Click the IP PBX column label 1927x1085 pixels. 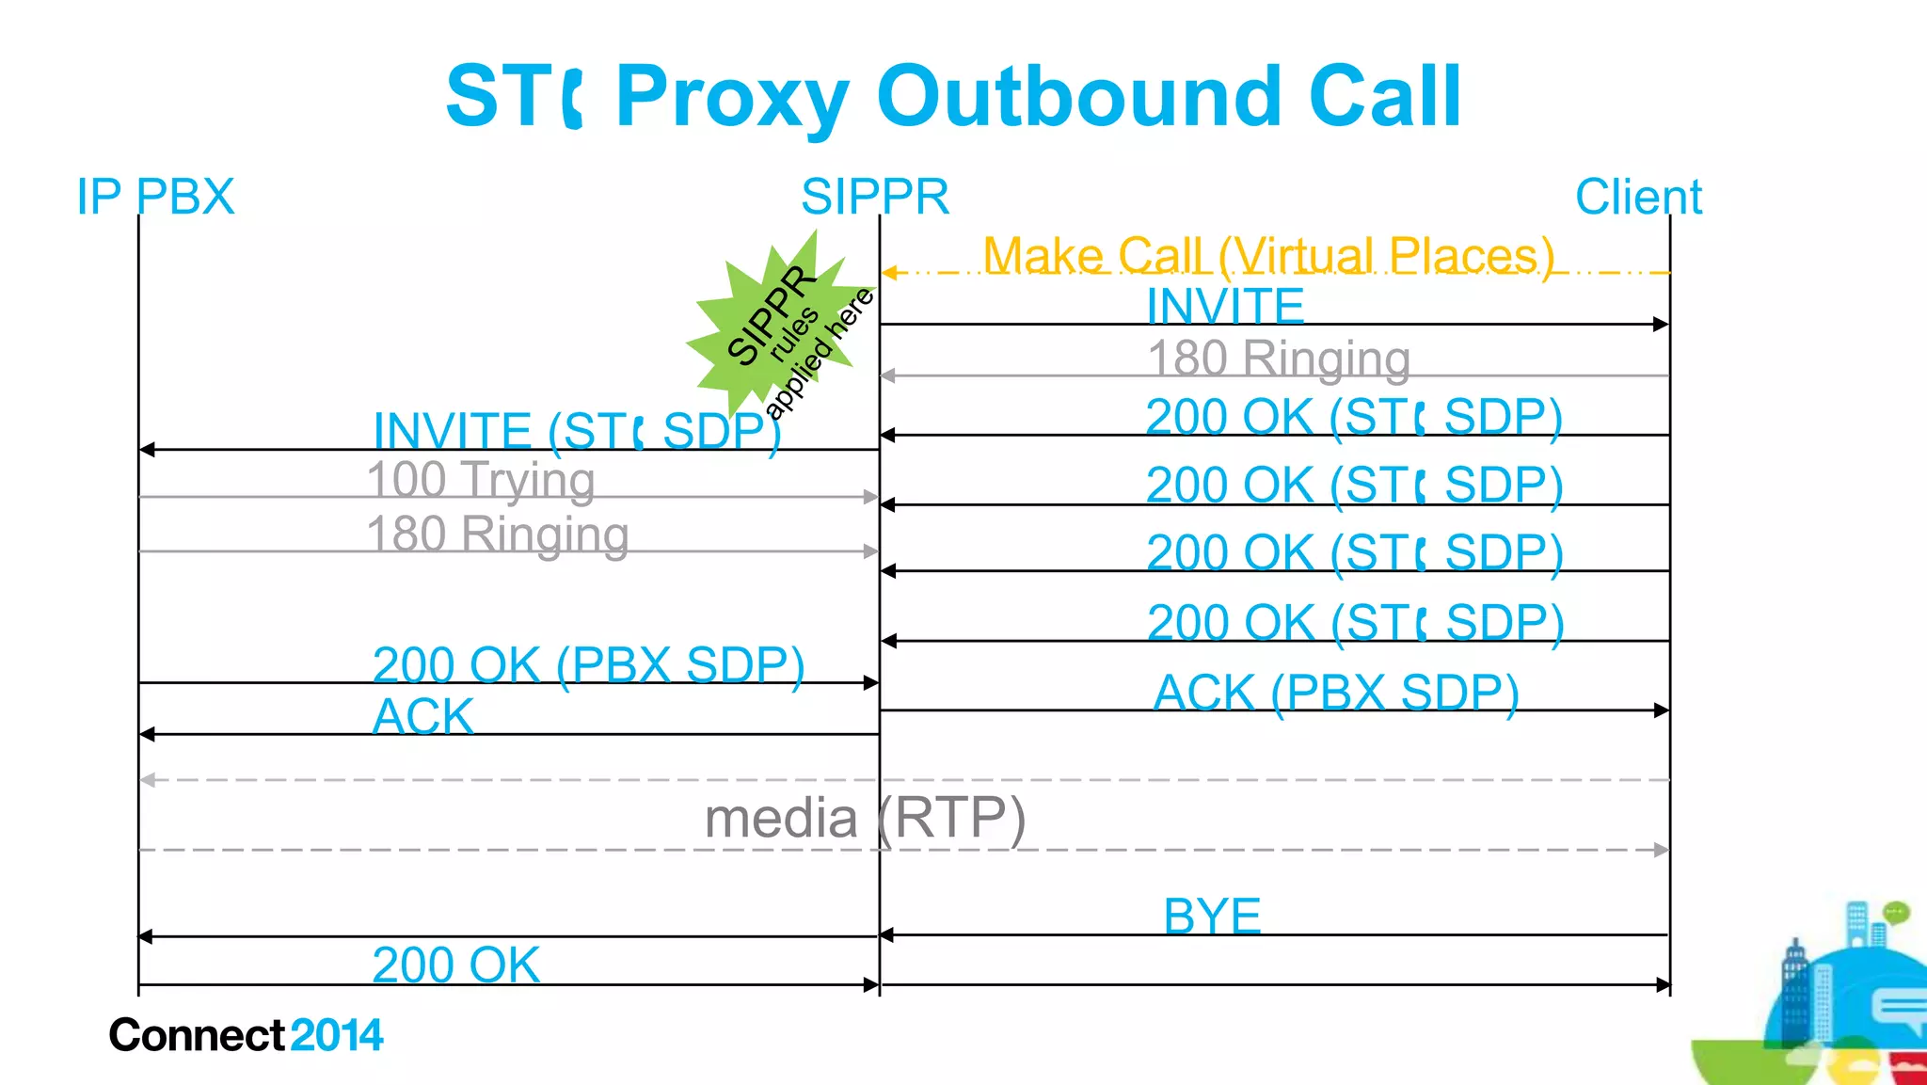point(155,198)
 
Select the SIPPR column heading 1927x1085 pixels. point(874,198)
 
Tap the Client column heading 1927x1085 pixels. point(1638,198)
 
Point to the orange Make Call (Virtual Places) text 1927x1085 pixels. point(1267,255)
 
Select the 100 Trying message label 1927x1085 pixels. point(480,480)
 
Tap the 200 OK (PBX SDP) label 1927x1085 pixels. point(588,665)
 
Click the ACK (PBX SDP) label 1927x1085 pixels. point(1336,693)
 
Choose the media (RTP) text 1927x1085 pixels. point(864,817)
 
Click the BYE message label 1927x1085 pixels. point(1212,916)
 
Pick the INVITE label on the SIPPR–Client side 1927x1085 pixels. point(1225,306)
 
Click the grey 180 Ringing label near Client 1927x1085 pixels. point(1279,359)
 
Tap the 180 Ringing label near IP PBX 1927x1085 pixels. point(497,535)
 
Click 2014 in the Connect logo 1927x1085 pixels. point(337,1035)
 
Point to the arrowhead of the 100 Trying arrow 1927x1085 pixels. point(871,497)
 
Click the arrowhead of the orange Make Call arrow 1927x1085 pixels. point(888,273)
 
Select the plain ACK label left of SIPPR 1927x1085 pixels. point(423,716)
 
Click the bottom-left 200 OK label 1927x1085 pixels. point(455,965)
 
